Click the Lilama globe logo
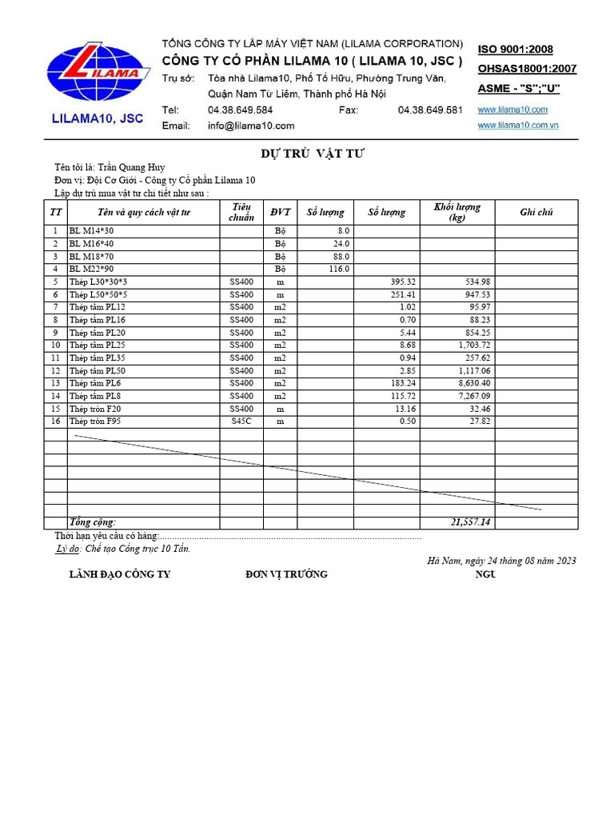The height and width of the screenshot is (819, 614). click(98, 72)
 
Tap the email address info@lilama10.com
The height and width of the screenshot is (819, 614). click(251, 126)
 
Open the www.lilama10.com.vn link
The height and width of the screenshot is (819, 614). click(517, 126)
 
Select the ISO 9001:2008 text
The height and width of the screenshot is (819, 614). click(515, 50)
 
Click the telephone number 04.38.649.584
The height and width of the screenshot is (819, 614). click(240, 110)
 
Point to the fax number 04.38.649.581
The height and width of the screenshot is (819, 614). click(430, 110)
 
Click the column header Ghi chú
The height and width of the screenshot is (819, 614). click(536, 212)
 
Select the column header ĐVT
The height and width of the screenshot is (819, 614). click(280, 212)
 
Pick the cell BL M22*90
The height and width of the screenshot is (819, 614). click(91, 269)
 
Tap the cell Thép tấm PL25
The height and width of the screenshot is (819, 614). click(97, 345)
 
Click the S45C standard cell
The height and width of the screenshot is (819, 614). click(241, 421)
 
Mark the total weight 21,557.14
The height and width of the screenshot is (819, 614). click(471, 522)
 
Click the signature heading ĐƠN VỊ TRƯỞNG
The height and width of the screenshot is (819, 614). click(286, 574)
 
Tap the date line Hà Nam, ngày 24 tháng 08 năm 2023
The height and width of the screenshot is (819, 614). click(502, 561)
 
